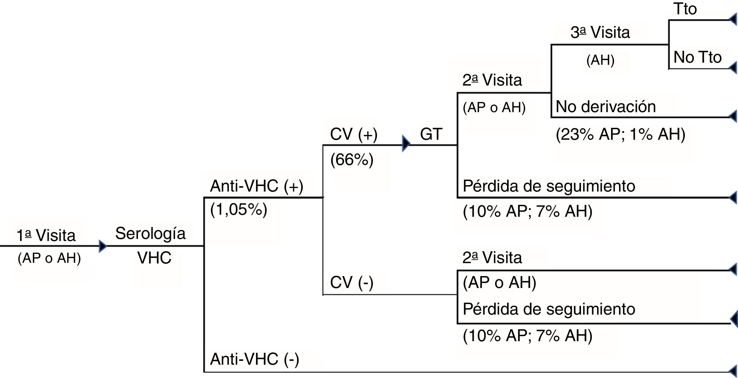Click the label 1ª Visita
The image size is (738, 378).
pos(46,236)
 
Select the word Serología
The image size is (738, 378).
pos(150,234)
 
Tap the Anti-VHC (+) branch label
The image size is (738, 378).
pos(256,186)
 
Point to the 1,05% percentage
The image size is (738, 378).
pos(239,210)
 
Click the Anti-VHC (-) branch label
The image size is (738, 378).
pos(254,359)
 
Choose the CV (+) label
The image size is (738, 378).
pos(354,134)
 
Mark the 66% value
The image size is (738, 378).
pos(352,160)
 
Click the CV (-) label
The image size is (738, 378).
pos(351,283)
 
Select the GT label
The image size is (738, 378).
pos(431,134)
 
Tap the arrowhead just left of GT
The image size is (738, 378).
pos(406,143)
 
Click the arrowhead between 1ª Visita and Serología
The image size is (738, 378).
pos(102,246)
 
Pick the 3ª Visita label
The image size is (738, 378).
pos(600,33)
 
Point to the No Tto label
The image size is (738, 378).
pos(697,57)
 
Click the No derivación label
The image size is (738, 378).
pos(606,107)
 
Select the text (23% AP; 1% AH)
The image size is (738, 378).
pos(620,134)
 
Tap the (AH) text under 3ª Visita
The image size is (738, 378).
pos(600,60)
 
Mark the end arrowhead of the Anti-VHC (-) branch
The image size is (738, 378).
pos(733,371)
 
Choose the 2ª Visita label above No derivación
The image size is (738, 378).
pos(492,80)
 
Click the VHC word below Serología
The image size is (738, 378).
pos(154,258)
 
